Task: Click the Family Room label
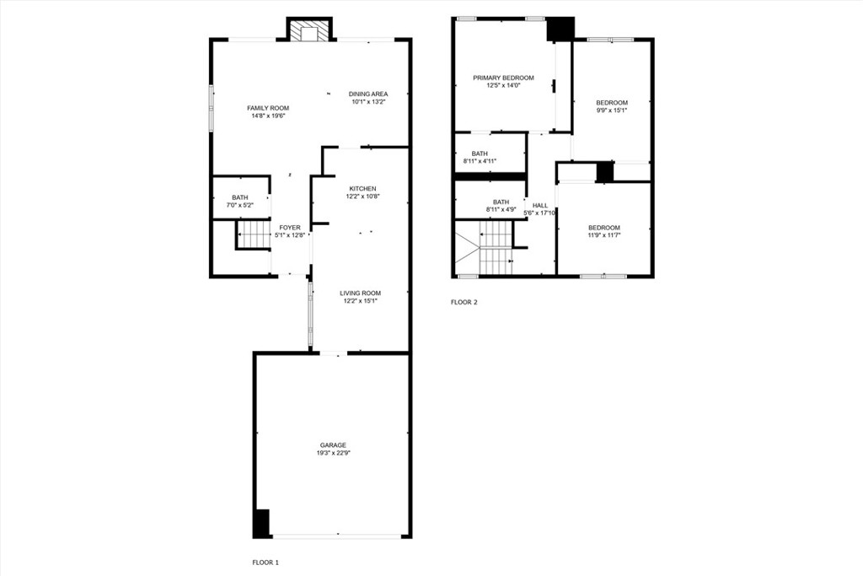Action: (267, 108)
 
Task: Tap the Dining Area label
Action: (368, 94)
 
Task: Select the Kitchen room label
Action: (363, 188)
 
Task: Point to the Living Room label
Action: (360, 293)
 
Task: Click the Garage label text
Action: (332, 444)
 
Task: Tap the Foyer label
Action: (290, 228)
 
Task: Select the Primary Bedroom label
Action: (502, 78)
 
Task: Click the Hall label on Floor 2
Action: (540, 205)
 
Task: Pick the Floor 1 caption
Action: (265, 562)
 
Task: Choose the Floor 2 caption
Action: (464, 301)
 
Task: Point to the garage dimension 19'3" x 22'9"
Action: (332, 453)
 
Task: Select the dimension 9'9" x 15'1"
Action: (611, 110)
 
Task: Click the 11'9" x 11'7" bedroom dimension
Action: (603, 235)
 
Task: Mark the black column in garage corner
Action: (262, 524)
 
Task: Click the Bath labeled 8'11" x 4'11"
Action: (480, 157)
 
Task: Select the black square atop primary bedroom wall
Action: (560, 29)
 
